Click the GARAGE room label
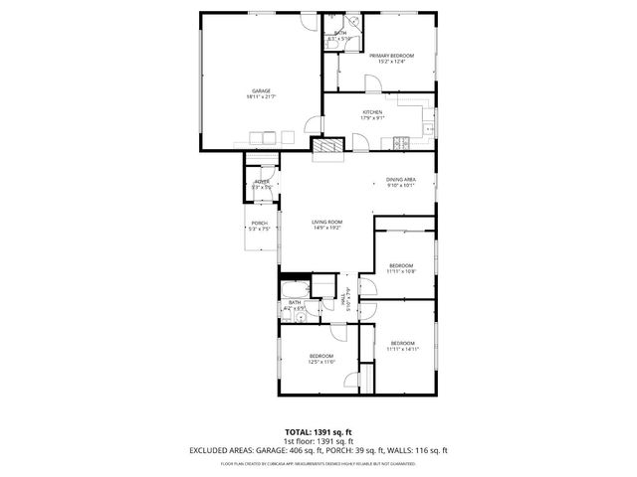(260, 90)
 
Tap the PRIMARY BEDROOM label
(391, 56)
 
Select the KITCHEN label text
(372, 112)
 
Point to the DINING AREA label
(401, 179)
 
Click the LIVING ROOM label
(326, 222)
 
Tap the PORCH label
(259, 223)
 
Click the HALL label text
(343, 297)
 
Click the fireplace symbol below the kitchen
(328, 148)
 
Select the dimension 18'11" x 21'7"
(261, 96)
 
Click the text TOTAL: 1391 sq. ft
(318, 431)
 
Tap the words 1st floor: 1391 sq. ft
(318, 440)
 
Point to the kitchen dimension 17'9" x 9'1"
(372, 118)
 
